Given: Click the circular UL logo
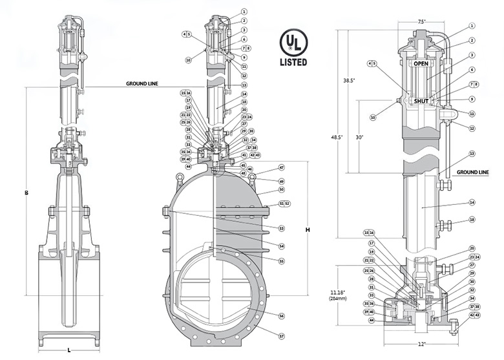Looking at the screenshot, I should (293, 43).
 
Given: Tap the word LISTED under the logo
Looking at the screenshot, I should (293, 63).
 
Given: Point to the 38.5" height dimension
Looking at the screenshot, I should (348, 80).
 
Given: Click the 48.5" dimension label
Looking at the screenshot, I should (336, 137).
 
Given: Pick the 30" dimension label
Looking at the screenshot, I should (359, 137).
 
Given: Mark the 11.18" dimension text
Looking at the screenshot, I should (337, 293).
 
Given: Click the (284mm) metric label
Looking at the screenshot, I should (337, 299).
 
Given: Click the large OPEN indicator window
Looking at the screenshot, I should (421, 63).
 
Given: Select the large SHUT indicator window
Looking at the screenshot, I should (421, 101).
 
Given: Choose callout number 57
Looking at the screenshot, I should (282, 336).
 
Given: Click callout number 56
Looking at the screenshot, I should (282, 316).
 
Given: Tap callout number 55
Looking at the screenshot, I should (282, 260).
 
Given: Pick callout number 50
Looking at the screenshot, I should (282, 190).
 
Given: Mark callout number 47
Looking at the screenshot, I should (282, 167).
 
